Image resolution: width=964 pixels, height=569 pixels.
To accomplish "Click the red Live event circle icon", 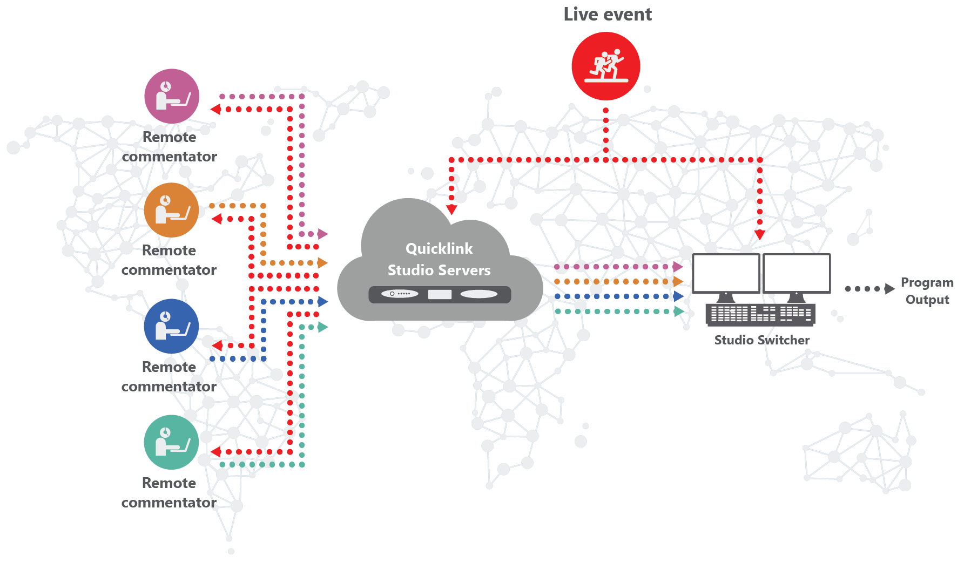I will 605,66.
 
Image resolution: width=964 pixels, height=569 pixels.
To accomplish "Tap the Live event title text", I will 608,15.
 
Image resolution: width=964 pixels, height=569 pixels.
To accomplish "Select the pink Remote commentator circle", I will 172,96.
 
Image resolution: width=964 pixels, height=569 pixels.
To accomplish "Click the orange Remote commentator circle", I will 171,210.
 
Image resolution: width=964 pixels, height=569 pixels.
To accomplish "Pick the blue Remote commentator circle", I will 171,326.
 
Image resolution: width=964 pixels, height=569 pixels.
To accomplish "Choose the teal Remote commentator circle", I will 171,442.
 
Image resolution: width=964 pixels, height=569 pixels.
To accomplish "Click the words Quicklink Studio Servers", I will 439,259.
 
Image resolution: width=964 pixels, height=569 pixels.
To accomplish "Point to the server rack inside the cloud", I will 440,294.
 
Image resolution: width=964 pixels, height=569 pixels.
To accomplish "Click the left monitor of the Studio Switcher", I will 726,274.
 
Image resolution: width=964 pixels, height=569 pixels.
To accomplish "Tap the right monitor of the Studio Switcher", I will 796,274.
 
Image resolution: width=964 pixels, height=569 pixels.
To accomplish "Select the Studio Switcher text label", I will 761,340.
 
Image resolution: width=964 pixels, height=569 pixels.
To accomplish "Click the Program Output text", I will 927,291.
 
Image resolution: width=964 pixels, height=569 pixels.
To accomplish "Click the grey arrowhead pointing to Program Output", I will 889,289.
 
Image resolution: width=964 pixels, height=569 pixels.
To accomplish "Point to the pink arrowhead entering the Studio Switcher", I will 678,267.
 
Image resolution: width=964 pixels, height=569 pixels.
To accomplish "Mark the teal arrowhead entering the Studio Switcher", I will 678,311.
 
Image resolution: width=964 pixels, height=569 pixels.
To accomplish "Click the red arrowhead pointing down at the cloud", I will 451,209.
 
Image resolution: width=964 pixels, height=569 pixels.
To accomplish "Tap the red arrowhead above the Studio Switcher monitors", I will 759,235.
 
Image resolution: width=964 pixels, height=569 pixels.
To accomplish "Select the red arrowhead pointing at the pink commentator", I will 215,110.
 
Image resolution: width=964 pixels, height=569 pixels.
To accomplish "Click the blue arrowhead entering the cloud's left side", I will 323,302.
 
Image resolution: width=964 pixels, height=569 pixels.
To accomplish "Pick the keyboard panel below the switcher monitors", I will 760,314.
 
